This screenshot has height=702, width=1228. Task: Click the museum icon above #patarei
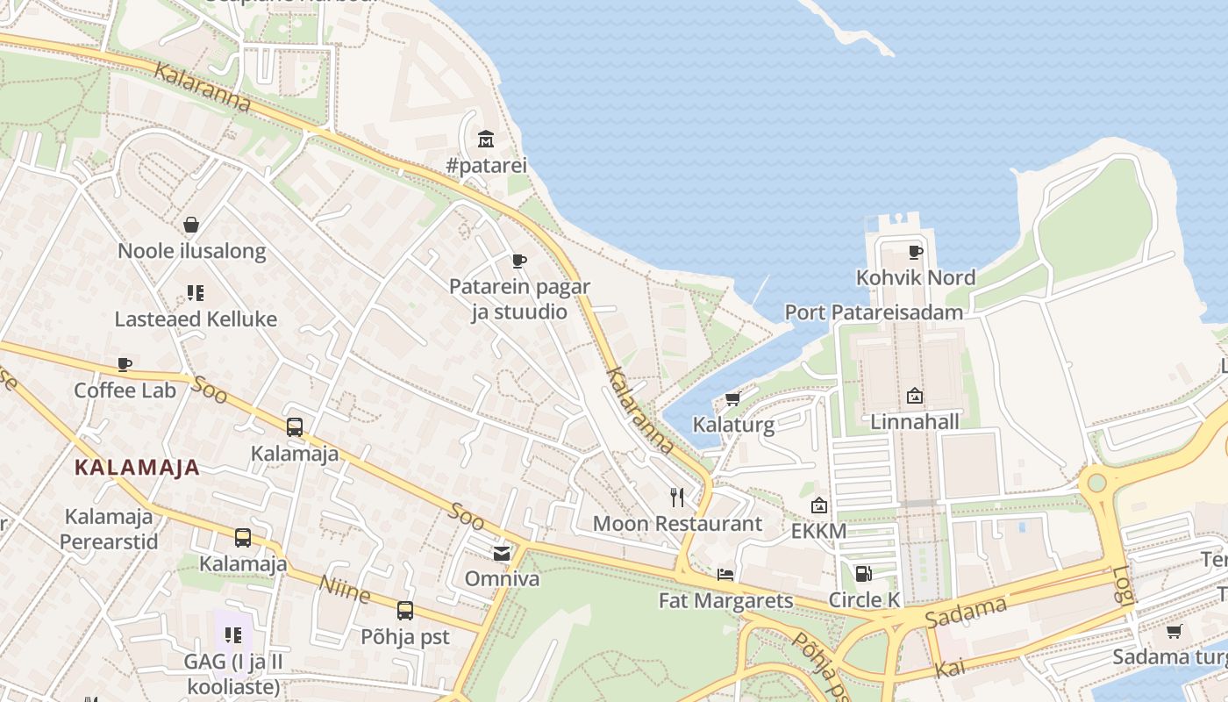coord(485,139)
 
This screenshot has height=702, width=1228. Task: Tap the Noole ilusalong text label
coord(191,251)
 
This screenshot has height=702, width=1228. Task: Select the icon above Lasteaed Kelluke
coord(195,293)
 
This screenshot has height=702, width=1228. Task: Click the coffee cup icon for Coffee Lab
coord(125,364)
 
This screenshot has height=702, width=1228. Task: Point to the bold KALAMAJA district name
coord(137,468)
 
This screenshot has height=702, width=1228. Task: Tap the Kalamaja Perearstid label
coord(110,529)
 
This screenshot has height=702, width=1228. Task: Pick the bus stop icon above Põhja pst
coord(404,611)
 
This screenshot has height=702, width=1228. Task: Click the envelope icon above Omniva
coord(501,553)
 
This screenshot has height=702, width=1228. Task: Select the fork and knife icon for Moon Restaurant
coord(677,498)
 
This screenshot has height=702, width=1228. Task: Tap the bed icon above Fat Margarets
coord(725,575)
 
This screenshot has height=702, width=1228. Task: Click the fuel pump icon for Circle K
coord(863,574)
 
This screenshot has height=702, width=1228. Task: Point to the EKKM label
coord(818,531)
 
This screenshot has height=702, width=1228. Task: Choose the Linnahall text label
coord(914,422)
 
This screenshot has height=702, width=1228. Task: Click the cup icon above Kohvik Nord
coord(916,252)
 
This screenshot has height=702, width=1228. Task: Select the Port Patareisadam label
coord(874,312)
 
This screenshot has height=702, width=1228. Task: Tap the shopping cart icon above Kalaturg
coord(732,398)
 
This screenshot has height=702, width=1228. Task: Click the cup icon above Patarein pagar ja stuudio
coord(519,261)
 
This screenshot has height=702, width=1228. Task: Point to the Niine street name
coord(345,590)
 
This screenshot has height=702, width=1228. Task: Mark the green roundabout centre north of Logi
coord(1096,483)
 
